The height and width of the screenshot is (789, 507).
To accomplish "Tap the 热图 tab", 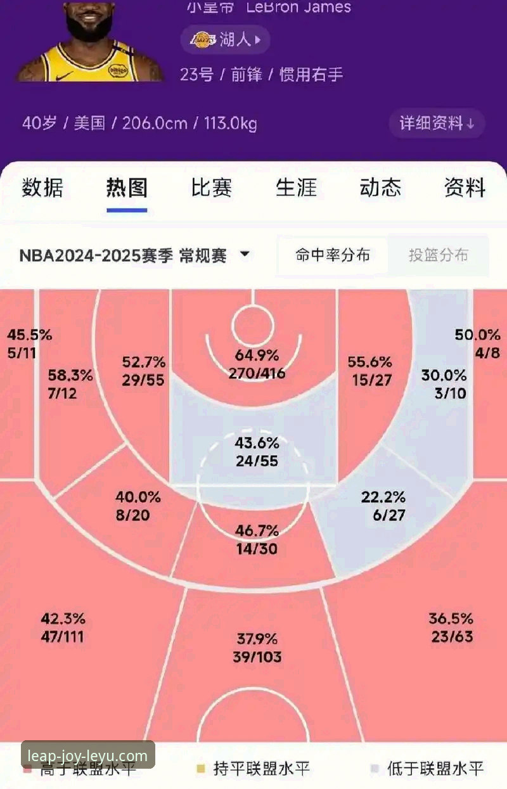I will point(127,188).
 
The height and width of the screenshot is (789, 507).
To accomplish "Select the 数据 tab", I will point(42,188).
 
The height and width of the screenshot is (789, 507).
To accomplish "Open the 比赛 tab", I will point(212,188).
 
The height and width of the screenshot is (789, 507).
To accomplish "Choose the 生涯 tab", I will point(296,188).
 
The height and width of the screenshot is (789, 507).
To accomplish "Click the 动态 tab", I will point(380,188).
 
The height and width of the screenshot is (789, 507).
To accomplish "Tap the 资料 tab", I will point(465,188).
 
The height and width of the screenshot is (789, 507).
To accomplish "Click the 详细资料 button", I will point(437,123).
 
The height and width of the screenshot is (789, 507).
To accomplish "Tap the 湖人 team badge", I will point(226,40).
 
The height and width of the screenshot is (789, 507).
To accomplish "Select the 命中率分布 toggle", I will point(333,255).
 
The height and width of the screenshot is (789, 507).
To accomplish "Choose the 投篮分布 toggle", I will point(438,255).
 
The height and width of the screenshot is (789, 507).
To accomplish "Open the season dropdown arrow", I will point(245,255).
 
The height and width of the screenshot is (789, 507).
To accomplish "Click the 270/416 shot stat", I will point(257,373).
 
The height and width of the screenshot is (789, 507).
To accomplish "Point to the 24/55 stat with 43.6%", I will point(257,461).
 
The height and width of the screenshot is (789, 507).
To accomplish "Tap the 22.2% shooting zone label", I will point(383,497).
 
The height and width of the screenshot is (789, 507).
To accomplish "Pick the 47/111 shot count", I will point(62,637).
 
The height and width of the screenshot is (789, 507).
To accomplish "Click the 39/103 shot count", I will point(257,657).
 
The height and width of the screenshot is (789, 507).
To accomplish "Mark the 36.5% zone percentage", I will point(451,619).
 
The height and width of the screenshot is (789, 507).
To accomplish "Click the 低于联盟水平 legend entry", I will point(428,769).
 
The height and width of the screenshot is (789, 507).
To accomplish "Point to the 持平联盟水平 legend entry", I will point(253,769).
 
